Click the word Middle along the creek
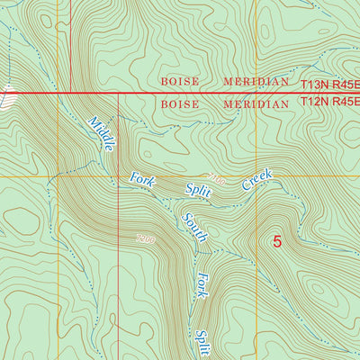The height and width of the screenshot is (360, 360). click(101, 133)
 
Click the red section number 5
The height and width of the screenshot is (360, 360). click(277, 241)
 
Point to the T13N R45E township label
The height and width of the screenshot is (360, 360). click(329, 83)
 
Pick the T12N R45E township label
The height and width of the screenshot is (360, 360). click(329, 103)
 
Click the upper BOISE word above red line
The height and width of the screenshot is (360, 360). click(179, 82)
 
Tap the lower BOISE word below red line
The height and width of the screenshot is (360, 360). click(179, 103)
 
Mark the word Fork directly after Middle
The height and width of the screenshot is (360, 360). click(143, 179)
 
